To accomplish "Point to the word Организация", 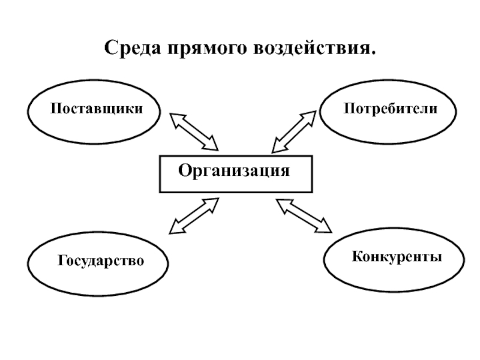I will [234, 171].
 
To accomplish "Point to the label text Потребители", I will [390, 109].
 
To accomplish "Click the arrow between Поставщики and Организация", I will [194, 131].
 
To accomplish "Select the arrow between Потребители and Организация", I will [294, 131].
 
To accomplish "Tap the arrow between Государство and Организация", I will [194, 216].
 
